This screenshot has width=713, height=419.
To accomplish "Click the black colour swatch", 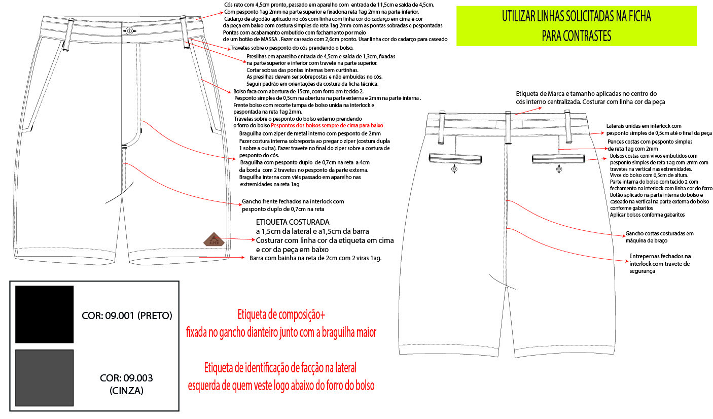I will (45, 314).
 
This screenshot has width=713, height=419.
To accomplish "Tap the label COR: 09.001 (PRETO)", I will (127, 316).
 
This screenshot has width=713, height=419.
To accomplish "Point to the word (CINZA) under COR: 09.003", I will (127, 391).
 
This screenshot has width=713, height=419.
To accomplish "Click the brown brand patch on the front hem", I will (213, 239).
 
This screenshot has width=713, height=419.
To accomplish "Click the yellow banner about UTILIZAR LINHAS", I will (576, 25).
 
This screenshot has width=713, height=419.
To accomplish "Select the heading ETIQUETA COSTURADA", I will (293, 222).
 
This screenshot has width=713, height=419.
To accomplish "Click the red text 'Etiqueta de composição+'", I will (281, 315).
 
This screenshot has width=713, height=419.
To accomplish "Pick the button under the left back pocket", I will (454, 170).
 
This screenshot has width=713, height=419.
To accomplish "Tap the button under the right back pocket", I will (558, 170).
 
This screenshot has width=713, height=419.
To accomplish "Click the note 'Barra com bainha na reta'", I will (315, 258).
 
